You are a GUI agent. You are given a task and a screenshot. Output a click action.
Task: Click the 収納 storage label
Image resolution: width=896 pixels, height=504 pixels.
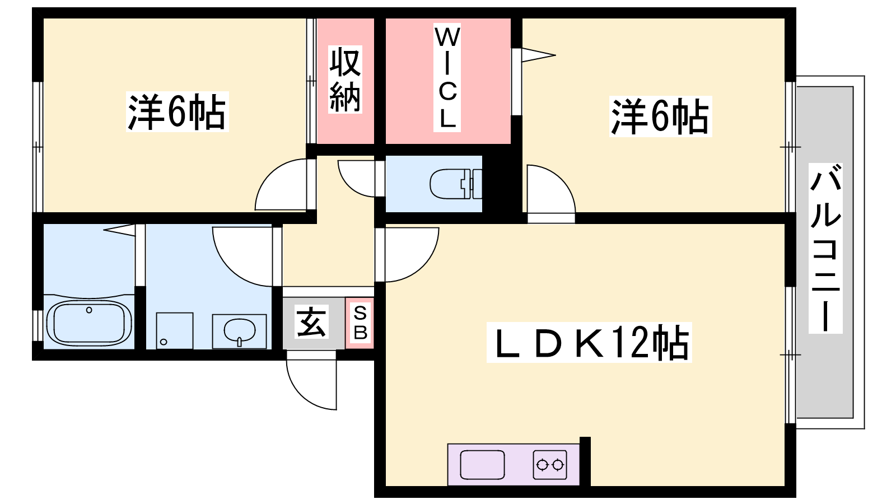pyautogui.click(x=345, y=79)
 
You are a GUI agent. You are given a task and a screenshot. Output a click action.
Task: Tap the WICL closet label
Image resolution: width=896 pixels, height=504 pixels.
pyautogui.click(x=447, y=77)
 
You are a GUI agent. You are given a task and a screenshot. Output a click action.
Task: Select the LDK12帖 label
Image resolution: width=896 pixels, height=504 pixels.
pyautogui.click(x=589, y=342)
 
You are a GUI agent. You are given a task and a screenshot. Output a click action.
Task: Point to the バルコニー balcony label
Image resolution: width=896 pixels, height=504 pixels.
pyautogui.click(x=825, y=248)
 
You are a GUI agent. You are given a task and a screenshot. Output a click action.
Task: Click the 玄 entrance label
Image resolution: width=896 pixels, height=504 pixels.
pyautogui.click(x=311, y=322)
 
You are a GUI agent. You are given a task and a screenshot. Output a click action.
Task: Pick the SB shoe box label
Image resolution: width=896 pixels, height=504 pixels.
pyautogui.click(x=360, y=323)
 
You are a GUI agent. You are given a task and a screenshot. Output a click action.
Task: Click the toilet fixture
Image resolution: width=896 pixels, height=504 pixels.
pyautogui.click(x=456, y=184)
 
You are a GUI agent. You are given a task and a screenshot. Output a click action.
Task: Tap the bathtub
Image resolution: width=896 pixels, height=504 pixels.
pyautogui.click(x=89, y=323)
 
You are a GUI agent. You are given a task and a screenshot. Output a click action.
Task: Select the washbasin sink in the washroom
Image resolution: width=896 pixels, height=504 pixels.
pyautogui.click(x=239, y=331)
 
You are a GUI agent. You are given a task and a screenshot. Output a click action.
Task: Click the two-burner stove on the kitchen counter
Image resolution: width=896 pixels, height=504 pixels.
pyautogui.click(x=550, y=465)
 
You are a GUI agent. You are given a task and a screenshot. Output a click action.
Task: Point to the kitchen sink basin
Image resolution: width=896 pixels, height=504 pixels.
pyautogui.click(x=482, y=465)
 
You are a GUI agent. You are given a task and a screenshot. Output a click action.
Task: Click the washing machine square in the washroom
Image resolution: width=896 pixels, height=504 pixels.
pyautogui.click(x=174, y=331)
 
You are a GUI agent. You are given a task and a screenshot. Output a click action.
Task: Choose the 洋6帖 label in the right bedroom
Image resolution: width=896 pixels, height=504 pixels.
pyautogui.click(x=660, y=116)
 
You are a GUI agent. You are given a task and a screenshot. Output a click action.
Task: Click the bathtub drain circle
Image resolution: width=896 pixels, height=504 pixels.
pyautogui.click(x=89, y=310)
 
